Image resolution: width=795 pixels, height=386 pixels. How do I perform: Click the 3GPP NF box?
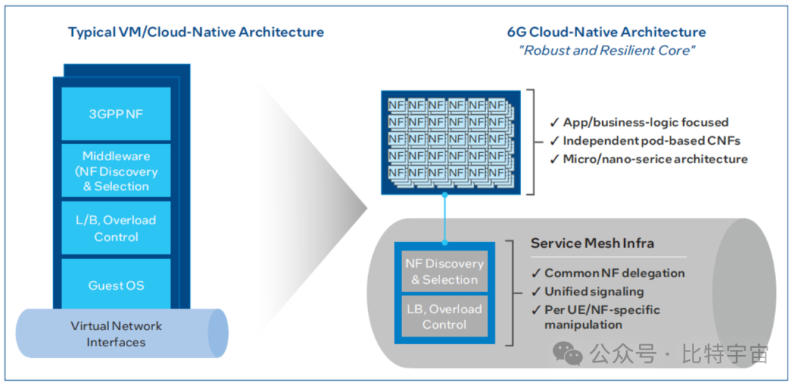(116, 115)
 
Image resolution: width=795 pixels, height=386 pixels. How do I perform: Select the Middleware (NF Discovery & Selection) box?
(116, 171)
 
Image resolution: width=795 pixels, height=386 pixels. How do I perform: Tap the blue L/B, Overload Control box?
(116, 228)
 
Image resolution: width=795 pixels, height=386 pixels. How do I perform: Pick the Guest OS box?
(116, 285)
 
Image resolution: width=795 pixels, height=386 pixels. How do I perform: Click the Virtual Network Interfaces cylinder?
(116, 334)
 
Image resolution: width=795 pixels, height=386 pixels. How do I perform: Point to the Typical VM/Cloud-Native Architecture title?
(196, 32)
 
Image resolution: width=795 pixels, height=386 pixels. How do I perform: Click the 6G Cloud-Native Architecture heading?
(606, 32)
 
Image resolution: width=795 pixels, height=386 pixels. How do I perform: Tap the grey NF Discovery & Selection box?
(444, 271)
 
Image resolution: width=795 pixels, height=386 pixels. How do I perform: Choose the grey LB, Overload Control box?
(444, 316)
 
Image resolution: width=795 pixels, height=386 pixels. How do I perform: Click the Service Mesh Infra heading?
(592, 243)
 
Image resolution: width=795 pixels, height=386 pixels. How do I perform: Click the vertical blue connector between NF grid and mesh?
(445, 218)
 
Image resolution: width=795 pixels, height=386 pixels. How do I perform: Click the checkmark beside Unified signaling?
(536, 292)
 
